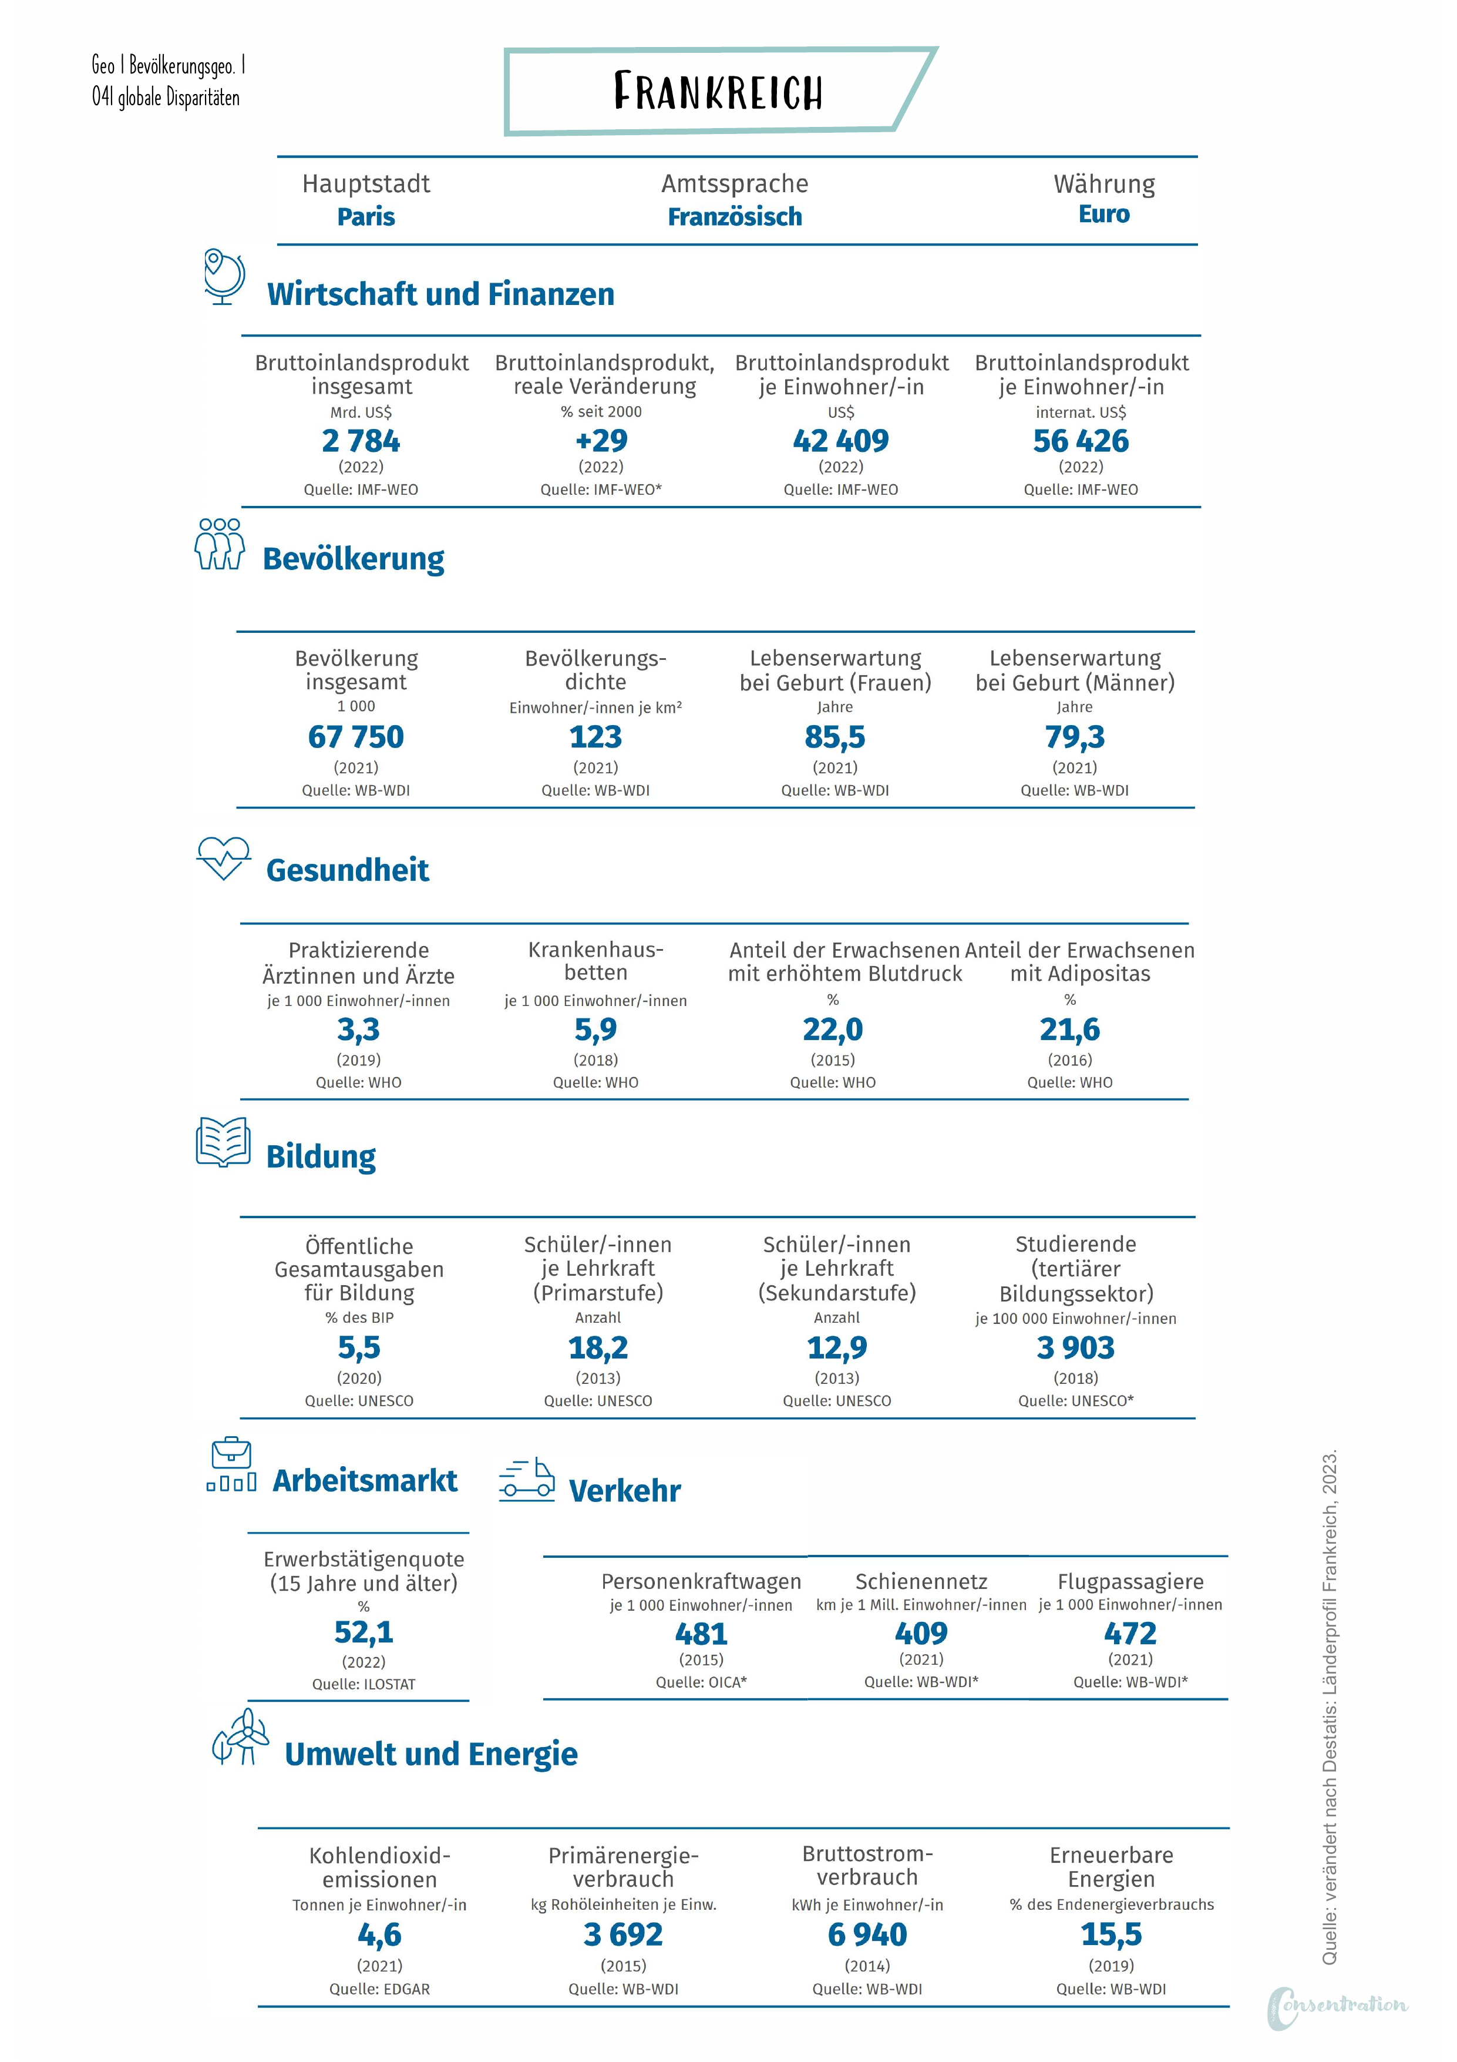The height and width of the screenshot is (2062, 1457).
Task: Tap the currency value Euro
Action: coord(1103,214)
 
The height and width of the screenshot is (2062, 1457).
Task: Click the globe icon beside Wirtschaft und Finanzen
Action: coord(224,277)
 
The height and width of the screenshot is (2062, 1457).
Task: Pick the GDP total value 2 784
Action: coord(361,441)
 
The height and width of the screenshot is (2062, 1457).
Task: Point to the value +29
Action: coord(601,441)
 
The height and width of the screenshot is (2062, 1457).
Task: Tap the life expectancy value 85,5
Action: coord(835,737)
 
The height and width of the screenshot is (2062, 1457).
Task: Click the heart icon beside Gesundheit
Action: coord(224,859)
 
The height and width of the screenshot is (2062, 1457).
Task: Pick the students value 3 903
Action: coord(1075,1348)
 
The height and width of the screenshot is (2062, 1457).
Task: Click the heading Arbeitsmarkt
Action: coord(365,1481)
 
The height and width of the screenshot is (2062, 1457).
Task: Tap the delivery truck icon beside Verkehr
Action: coord(527,1479)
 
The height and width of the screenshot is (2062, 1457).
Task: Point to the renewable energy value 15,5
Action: coord(1111,1933)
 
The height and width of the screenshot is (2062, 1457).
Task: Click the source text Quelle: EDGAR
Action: coord(380,1989)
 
